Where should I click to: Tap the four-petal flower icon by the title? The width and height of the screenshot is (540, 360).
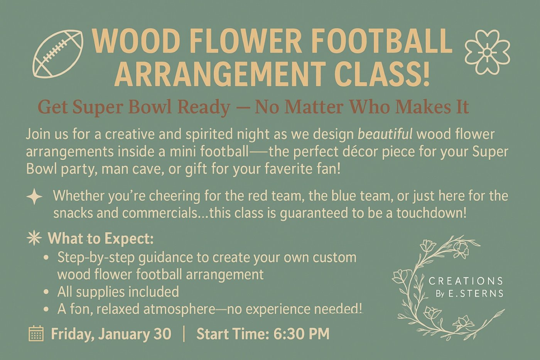[x=487, y=52]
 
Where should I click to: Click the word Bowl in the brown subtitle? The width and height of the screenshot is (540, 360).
[x=150, y=107]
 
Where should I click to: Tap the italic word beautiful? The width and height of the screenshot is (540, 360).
[x=385, y=134]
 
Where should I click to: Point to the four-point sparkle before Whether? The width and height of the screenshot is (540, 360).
[x=34, y=197]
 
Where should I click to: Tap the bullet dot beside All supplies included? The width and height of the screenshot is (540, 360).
[x=47, y=292]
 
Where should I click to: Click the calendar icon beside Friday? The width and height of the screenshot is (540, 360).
[x=36, y=334]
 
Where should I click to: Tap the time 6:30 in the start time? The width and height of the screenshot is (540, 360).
[x=288, y=334]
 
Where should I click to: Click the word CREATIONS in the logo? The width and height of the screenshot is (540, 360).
[x=466, y=281]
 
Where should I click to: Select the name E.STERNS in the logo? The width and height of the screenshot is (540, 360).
[x=475, y=294]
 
